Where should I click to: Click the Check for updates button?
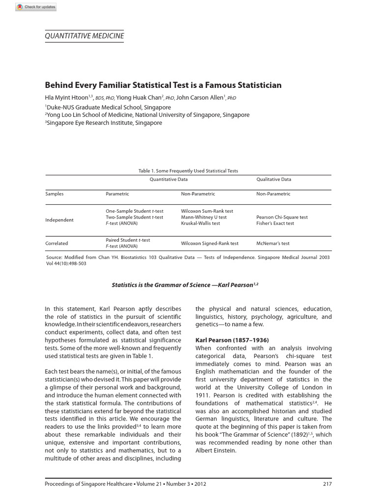pyautogui.click(x=36, y=7)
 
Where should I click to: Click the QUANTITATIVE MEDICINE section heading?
pyautogui.click(x=84, y=36)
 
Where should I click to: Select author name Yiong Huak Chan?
pyautogui.click(x=138, y=97)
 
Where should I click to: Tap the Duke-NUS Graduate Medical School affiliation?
pyautogui.click(x=108, y=107)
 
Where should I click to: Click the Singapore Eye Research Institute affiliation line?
pyautogui.click(x=104, y=123)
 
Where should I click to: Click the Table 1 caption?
pyautogui.click(x=188, y=171)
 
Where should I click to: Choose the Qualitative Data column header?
pyautogui.click(x=273, y=179)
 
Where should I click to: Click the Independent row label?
pyautogui.click(x=59, y=220)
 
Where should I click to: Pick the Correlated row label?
pyautogui.click(x=56, y=243)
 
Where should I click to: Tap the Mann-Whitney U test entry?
pyautogui.click(x=204, y=217)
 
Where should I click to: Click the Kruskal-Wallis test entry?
pyautogui.click(x=200, y=223)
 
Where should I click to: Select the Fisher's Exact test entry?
pyautogui.click(x=275, y=223)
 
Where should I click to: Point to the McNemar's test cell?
pyautogui.click(x=273, y=243)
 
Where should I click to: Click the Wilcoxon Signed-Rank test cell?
pyautogui.click(x=210, y=243)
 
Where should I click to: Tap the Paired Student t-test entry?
pyautogui.click(x=128, y=240)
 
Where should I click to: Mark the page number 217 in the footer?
pyautogui.click(x=327, y=484)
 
